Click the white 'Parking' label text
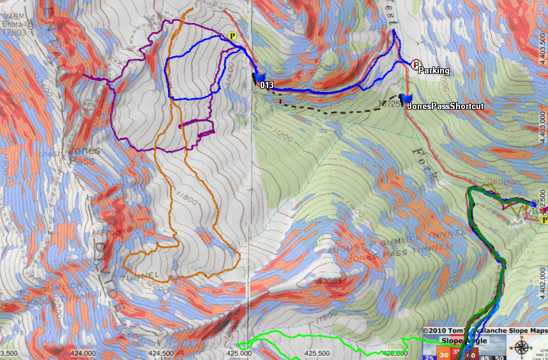434,71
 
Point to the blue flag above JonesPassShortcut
405,98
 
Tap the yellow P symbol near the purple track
232,36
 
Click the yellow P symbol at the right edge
544,220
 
